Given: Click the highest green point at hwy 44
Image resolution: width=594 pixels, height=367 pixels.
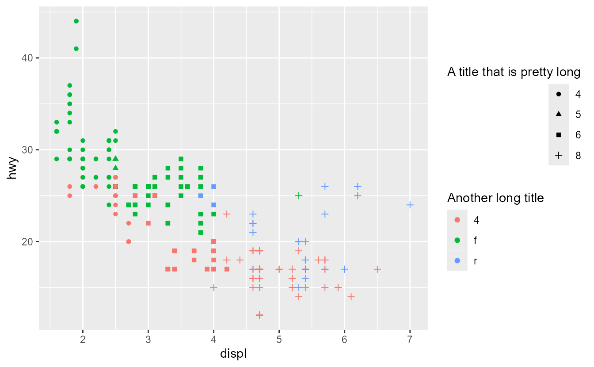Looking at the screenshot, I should click(76, 21).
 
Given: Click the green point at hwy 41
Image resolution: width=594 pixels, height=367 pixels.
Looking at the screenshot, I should click(76, 49).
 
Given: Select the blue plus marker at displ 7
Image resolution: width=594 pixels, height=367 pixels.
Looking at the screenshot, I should click(410, 205).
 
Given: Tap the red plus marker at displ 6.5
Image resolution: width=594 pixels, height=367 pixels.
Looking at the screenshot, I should click(377, 269).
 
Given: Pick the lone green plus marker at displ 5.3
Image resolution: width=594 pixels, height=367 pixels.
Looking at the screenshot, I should click(299, 195).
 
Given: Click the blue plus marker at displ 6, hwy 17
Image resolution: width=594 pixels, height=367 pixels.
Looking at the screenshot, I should click(345, 269).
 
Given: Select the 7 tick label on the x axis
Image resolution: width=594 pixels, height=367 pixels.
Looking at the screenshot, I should click(410, 340).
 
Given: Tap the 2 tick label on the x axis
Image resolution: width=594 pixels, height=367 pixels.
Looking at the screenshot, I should click(83, 340).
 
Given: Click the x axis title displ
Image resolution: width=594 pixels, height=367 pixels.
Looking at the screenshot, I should click(233, 355).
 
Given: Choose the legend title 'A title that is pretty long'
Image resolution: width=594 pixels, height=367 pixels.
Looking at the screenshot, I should click(514, 72).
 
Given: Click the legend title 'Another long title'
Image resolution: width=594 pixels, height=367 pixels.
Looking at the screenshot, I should click(495, 198).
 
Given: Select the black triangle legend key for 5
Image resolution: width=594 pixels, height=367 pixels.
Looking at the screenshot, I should click(559, 114).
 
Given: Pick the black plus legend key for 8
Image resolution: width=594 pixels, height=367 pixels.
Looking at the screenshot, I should click(559, 155).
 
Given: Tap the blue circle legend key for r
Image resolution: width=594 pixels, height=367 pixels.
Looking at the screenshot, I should click(457, 261).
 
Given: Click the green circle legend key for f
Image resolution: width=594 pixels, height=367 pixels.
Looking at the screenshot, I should click(457, 240).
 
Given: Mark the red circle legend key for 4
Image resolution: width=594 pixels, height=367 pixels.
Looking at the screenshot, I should click(457, 220).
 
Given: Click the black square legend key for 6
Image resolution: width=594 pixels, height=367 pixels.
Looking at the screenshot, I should click(559, 135).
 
